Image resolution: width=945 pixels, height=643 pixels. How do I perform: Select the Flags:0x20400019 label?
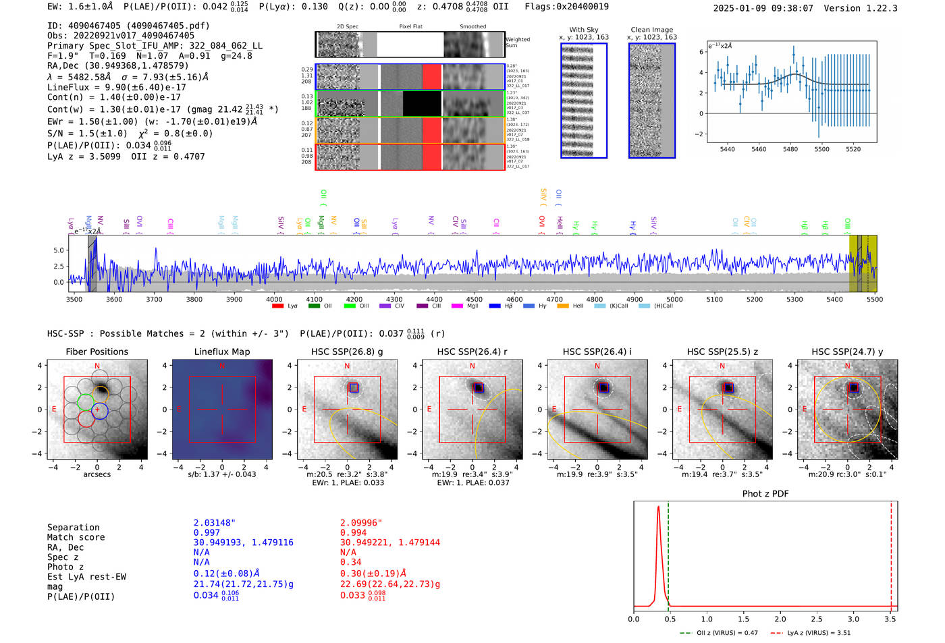coord(566,6)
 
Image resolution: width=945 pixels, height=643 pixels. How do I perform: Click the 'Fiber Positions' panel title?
coord(97,352)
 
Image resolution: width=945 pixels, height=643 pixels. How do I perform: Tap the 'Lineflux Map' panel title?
coord(221,352)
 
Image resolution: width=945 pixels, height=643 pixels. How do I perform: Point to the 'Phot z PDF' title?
coord(765,494)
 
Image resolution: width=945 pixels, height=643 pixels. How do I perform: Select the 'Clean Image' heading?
coord(651,30)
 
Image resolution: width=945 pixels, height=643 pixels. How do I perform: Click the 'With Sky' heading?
coord(583,30)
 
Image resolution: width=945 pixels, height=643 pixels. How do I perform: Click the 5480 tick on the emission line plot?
coord(790,149)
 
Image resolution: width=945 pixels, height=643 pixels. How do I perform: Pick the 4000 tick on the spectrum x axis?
coord(274,299)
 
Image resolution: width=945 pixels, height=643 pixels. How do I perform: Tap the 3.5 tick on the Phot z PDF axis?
coord(890,619)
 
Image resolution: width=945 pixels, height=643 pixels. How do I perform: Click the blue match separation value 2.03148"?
coord(214,523)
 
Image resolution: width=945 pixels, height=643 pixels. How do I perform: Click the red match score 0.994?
coord(353,533)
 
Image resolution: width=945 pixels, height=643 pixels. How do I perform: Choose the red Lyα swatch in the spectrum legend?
coord(277,306)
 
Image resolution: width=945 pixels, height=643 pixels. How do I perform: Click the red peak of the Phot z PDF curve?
coord(658,507)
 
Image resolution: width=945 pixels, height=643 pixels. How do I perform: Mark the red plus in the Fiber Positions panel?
coord(97,410)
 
